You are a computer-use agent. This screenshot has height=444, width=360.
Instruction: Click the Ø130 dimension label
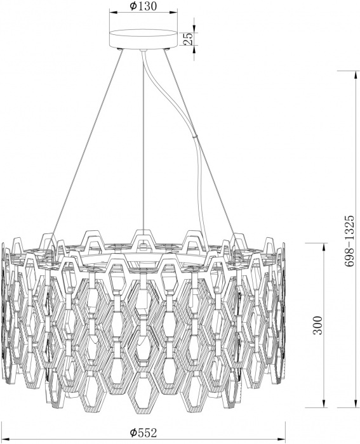143,6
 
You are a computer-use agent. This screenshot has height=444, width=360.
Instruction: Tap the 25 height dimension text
188,39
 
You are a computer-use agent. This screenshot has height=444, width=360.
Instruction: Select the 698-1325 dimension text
350,241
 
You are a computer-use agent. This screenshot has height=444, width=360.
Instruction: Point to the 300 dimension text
318,325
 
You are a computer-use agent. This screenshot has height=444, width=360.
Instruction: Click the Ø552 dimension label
143,433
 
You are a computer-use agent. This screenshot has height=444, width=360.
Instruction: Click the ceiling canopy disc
143,39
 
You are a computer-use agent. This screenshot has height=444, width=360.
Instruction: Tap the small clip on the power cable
195,136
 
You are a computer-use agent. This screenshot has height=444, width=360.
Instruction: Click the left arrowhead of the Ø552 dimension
6,440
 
